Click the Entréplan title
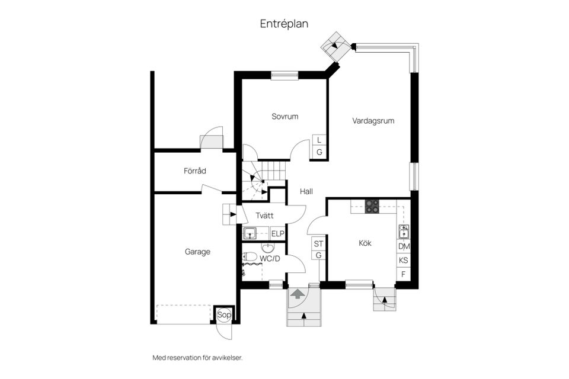pos(284,24)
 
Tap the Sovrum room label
pos(285,117)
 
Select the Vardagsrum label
pos(373,121)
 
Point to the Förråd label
pos(195,171)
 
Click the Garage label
pos(197,252)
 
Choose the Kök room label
pos(365,243)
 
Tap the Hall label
pos(306,191)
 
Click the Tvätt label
pos(264,216)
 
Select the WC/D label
pos(270,259)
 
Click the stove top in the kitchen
pos(372,206)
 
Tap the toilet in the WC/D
pos(250,257)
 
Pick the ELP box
pos(278,234)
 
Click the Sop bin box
pos(224,315)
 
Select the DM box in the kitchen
pos(404,246)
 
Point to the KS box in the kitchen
pos(404,261)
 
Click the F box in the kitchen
pos(404,274)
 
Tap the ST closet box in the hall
pos(319,244)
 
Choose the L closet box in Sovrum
pos(319,140)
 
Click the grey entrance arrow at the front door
pos(298,293)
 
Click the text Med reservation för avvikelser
pos(197,358)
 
